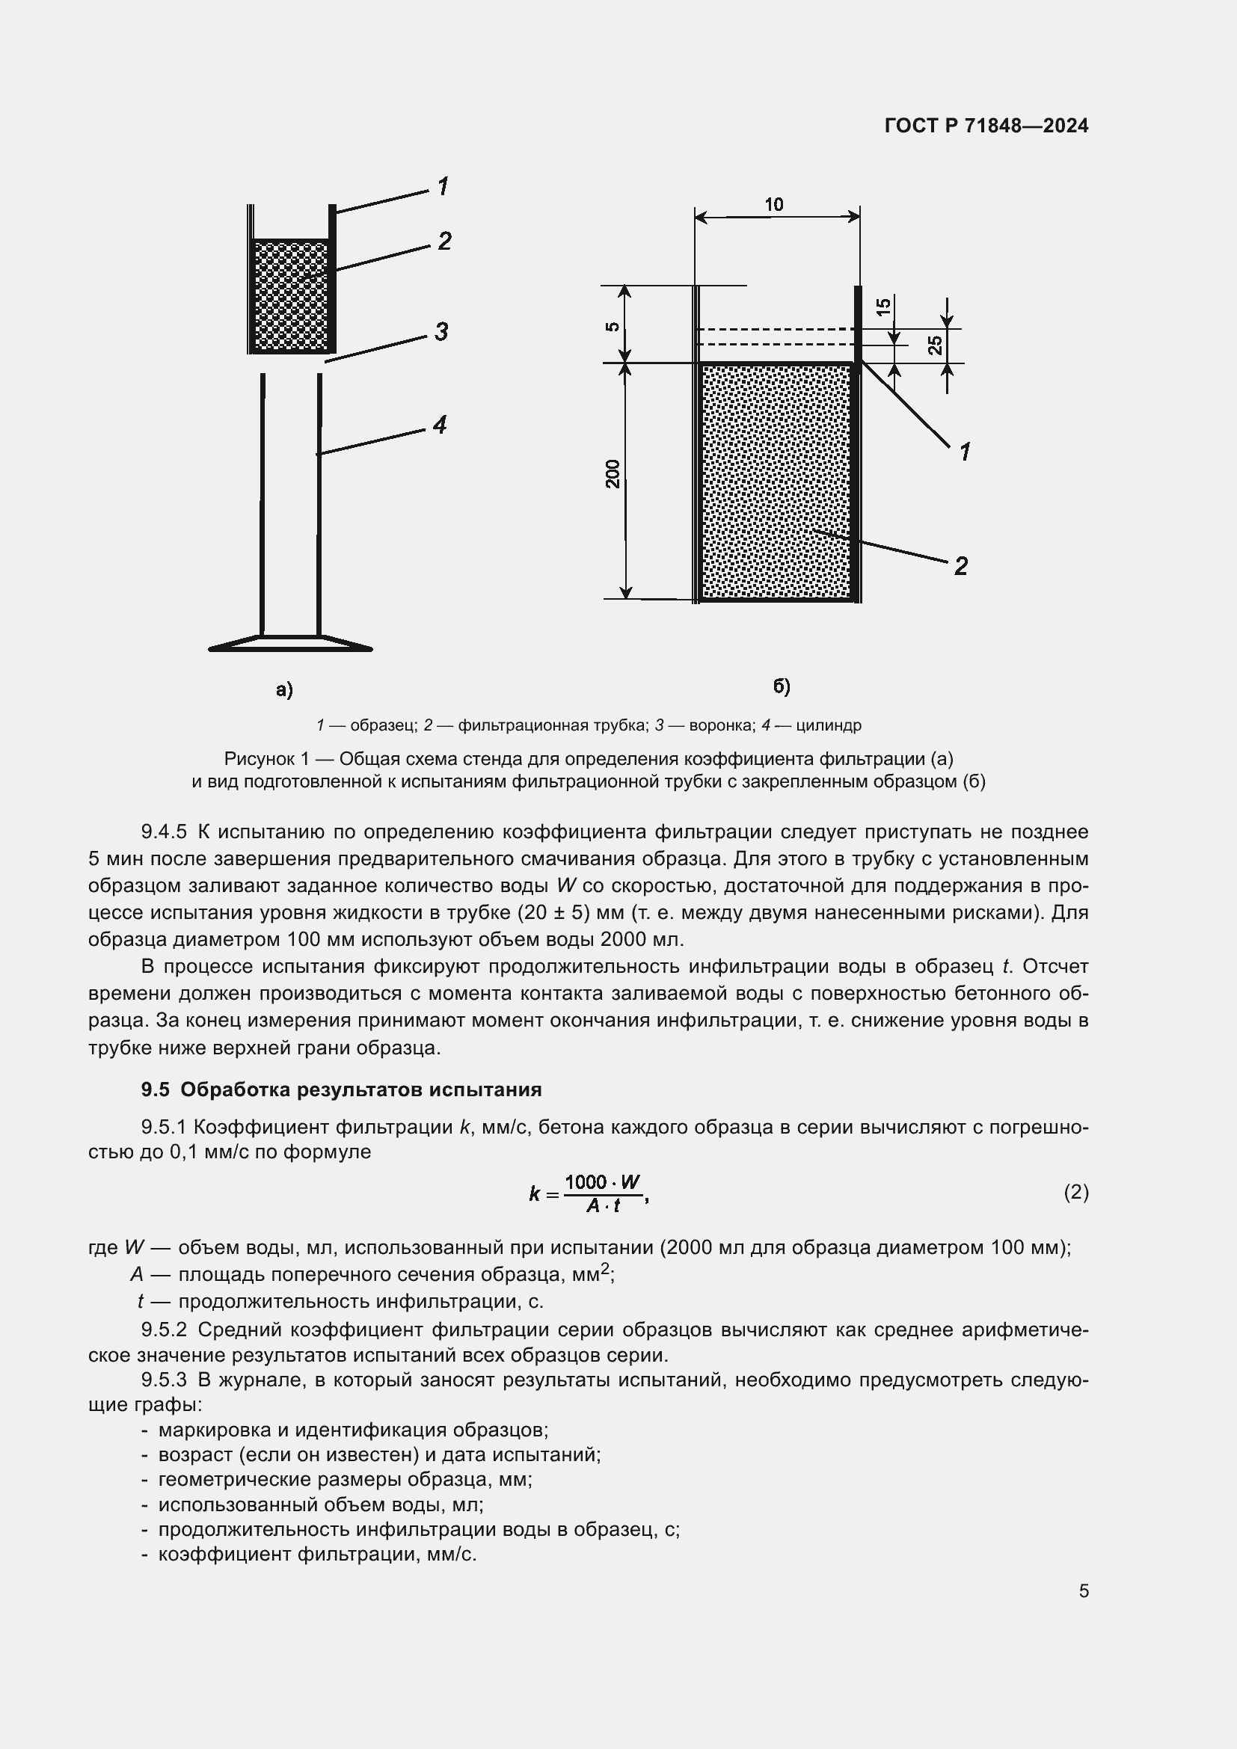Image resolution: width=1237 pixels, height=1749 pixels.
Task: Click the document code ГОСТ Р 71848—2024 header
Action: (986, 126)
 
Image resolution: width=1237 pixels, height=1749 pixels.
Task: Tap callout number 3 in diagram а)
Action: (441, 332)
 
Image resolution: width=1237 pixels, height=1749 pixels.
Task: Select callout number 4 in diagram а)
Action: (440, 425)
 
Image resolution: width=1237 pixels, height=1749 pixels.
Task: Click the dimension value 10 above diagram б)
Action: (774, 204)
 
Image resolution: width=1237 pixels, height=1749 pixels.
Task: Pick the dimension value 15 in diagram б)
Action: (883, 307)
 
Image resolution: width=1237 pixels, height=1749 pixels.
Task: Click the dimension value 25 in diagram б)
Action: (936, 345)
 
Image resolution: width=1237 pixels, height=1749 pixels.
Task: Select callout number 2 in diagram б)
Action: (961, 566)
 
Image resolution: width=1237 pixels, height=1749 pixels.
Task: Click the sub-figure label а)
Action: (284, 690)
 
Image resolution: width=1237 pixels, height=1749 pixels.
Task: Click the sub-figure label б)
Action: (782, 686)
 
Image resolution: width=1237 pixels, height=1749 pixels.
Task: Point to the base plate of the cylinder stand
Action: (290, 644)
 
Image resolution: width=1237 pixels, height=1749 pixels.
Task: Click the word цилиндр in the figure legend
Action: (829, 725)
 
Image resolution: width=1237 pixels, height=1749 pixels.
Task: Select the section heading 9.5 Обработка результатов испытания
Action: (341, 1089)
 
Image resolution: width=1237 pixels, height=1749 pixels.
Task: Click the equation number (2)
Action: (1075, 1191)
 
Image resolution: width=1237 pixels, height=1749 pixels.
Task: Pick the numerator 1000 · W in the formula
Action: (603, 1181)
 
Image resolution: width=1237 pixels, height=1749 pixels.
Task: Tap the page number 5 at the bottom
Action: (1084, 1590)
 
